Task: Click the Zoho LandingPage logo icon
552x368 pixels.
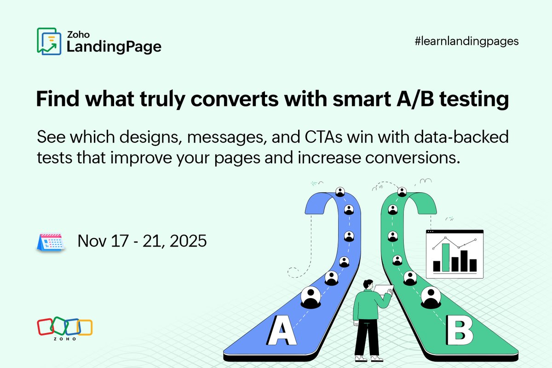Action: (x=49, y=41)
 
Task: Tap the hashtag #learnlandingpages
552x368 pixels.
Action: (x=466, y=41)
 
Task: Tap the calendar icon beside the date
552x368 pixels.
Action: (x=50, y=241)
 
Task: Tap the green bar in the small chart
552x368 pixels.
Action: (x=446, y=258)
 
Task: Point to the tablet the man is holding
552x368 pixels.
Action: (x=384, y=289)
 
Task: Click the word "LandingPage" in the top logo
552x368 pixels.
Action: (x=114, y=46)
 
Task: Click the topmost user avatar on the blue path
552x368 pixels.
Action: (x=340, y=191)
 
